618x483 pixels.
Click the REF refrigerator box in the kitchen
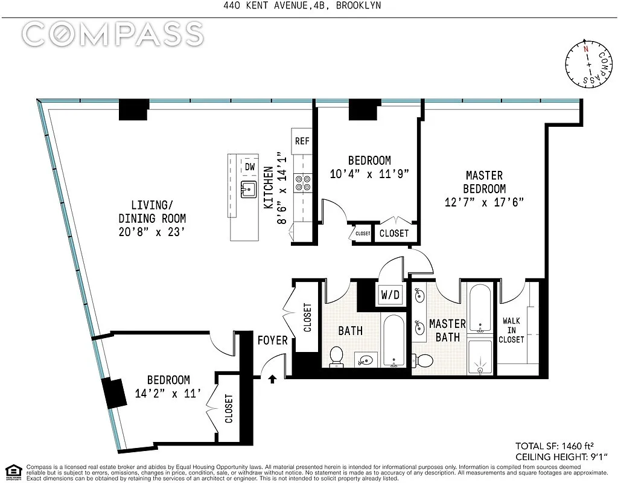[x=302, y=141]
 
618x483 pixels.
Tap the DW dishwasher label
[x=250, y=167]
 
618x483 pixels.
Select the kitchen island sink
[x=248, y=189]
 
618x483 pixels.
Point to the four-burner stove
[x=303, y=183]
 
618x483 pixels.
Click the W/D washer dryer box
[x=390, y=294]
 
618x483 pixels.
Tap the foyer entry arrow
[x=272, y=379]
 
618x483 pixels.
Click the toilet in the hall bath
[x=336, y=356]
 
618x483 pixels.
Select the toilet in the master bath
[x=422, y=360]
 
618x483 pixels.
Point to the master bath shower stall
[x=480, y=357]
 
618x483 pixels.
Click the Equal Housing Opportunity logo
[x=13, y=471]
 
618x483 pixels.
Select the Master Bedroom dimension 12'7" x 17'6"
[x=484, y=202]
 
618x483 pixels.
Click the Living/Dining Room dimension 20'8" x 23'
[x=151, y=232]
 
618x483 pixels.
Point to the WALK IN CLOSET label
[x=511, y=330]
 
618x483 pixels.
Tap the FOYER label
[x=272, y=341]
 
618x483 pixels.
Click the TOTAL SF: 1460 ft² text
[x=555, y=446]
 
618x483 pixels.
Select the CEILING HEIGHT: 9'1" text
[x=561, y=457]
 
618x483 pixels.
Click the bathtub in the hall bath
[x=393, y=341]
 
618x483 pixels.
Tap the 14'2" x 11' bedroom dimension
[x=168, y=394]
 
